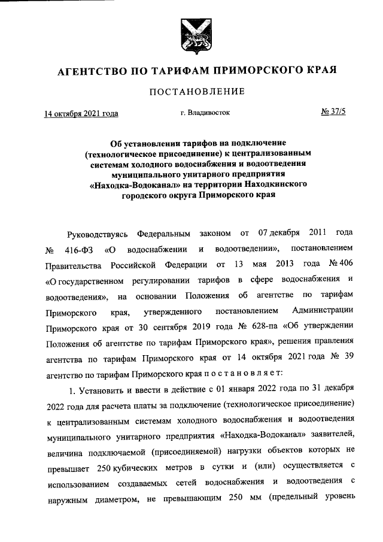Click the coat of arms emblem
pos(191,35)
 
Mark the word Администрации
pos(323,312)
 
